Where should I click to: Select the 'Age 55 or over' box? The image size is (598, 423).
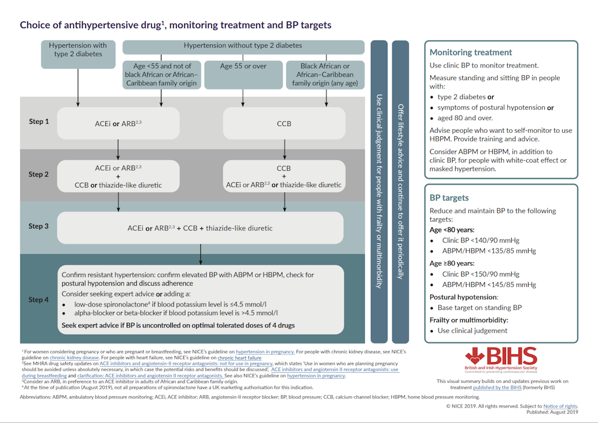click(x=243, y=66)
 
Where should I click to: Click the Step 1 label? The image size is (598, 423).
click(x=39, y=121)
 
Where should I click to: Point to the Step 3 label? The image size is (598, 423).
click(x=39, y=226)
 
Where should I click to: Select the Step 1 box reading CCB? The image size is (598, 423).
click(x=283, y=124)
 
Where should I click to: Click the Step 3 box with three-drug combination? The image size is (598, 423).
click(x=200, y=228)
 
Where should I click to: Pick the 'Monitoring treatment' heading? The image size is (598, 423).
click(x=471, y=53)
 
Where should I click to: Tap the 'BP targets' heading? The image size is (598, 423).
click(x=449, y=198)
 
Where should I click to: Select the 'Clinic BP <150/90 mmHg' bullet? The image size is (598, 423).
click(x=481, y=274)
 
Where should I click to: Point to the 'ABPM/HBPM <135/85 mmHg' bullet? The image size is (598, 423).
click(x=489, y=251)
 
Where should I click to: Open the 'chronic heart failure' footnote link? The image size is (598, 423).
click(x=239, y=358)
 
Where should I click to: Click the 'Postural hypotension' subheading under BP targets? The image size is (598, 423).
click(x=463, y=297)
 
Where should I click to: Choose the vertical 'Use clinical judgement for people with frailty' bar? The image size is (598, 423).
click(x=379, y=191)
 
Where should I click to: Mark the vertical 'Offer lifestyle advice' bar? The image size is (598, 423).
click(x=401, y=191)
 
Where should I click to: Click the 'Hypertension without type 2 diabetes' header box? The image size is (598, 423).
click(x=243, y=46)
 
